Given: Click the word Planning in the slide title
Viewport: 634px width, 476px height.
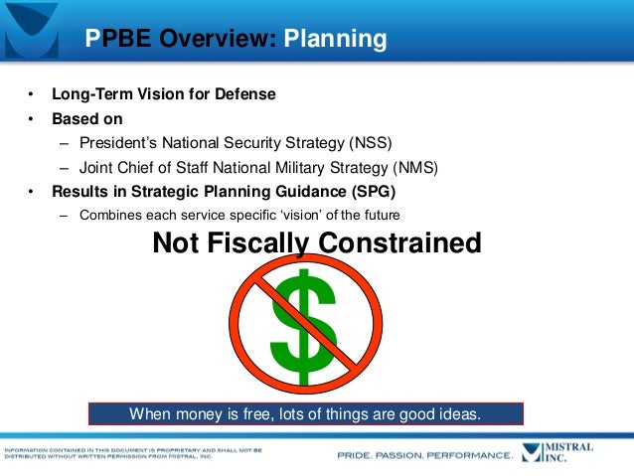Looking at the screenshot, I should coord(335,39).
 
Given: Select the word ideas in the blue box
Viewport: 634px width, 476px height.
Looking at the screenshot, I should coord(459,413).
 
